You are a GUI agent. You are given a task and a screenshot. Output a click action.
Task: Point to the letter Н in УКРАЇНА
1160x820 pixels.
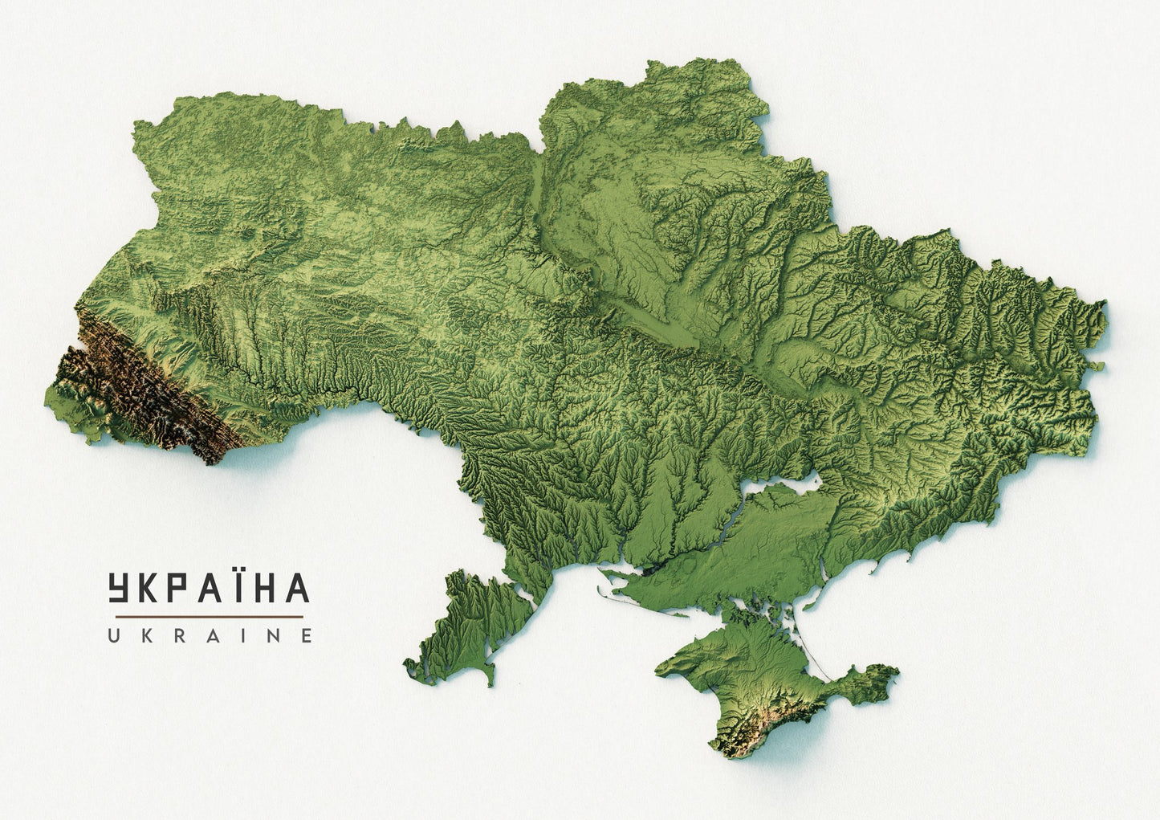coord(264,589)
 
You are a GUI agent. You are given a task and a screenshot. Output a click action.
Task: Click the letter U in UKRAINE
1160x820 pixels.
coord(115,636)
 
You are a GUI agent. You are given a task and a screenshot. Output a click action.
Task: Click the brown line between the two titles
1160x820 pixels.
coord(209,616)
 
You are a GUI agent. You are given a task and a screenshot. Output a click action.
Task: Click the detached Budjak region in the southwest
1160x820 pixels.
coord(466,626)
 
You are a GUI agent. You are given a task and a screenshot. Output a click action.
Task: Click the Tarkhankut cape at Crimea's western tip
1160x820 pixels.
coord(663,667)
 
